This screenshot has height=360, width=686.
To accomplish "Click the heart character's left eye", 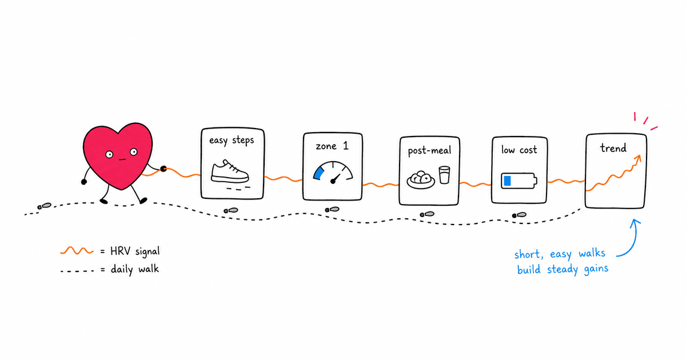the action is click(109, 155).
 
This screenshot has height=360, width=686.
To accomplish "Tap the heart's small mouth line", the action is click(122, 159).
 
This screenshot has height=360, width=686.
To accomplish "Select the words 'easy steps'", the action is click(232, 141).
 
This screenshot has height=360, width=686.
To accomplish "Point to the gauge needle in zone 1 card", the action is click(336, 178).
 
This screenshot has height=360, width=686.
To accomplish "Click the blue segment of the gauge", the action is click(318, 173).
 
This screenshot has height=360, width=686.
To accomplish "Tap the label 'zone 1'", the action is click(332, 146).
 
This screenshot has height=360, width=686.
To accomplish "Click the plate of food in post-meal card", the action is click(421, 180).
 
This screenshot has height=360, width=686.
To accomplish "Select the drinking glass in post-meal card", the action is click(444, 175).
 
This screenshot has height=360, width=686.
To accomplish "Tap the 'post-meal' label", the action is click(429, 151).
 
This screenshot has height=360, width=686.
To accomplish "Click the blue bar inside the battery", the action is click(508, 181).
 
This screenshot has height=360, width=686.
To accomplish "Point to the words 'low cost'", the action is click(519, 150).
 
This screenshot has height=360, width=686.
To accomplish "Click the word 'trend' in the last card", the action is click(613, 148).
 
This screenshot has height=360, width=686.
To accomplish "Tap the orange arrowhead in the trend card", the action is click(638, 158).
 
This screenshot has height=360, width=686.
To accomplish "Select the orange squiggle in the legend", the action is click(77, 251).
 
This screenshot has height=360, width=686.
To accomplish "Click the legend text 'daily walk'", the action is click(135, 269).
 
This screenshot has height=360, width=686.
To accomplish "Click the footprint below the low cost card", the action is click(520, 215).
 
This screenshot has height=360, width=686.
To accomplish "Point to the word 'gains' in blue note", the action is click(596, 269).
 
